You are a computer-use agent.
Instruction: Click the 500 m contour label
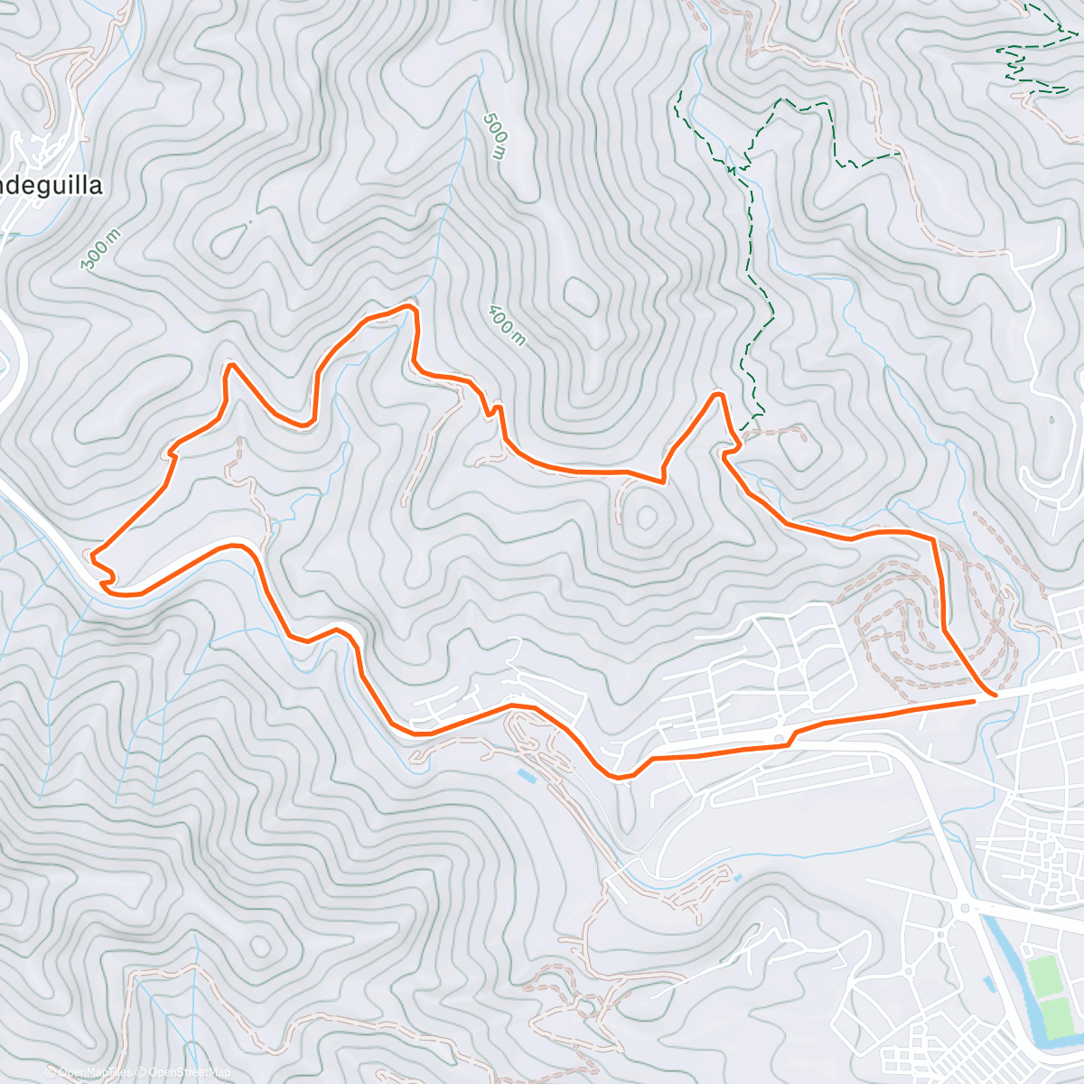point(495,136)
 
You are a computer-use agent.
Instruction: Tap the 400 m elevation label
point(506,326)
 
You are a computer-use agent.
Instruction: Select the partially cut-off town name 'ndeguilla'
point(51,186)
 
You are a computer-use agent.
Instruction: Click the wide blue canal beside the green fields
point(1003,967)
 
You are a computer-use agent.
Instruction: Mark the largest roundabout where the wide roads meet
point(964,907)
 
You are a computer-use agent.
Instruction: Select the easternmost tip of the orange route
point(994,695)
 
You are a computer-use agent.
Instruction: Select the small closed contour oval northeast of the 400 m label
point(579,294)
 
